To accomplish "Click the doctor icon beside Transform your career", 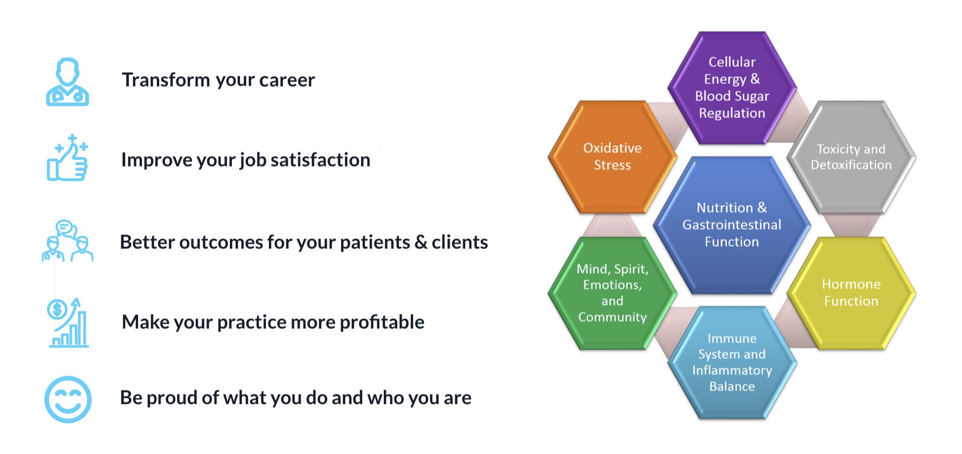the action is [x=67, y=82].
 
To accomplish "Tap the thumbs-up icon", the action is [x=67, y=159].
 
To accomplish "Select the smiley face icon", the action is [x=68, y=400].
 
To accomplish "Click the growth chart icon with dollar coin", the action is [x=68, y=323].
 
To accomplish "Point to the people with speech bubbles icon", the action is [x=67, y=241].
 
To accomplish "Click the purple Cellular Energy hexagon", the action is [x=732, y=88].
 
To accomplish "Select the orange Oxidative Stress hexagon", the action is [x=612, y=156].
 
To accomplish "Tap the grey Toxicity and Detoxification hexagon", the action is [x=851, y=157].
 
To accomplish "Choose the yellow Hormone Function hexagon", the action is [x=851, y=293].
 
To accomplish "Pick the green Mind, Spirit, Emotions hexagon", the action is [x=612, y=293].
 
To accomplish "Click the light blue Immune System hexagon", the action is [x=732, y=362].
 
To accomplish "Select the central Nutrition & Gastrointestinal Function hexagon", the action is [x=732, y=225].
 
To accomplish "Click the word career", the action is [x=287, y=80].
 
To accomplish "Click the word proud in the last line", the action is [x=172, y=398].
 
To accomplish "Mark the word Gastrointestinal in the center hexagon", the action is [x=732, y=225].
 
